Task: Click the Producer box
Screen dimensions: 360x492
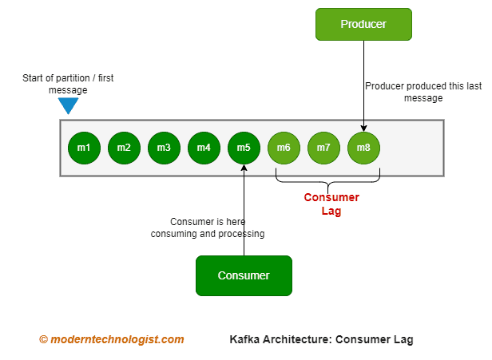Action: (363, 24)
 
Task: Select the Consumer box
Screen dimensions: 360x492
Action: (244, 275)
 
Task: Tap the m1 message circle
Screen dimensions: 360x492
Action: (84, 148)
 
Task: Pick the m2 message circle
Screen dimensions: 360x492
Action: (124, 148)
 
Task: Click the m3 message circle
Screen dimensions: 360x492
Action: (164, 148)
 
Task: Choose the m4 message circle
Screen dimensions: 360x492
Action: (204, 148)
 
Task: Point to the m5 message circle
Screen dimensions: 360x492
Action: (244, 148)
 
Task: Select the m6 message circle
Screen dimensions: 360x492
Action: (284, 148)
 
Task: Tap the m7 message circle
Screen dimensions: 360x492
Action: (323, 148)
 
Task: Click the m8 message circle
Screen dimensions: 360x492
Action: (363, 148)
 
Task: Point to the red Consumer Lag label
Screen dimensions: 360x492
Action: (331, 204)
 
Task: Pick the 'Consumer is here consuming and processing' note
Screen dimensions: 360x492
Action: (208, 227)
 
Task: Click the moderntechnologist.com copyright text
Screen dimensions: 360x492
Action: (111, 339)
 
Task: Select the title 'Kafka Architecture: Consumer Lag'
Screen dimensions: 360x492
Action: (321, 339)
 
